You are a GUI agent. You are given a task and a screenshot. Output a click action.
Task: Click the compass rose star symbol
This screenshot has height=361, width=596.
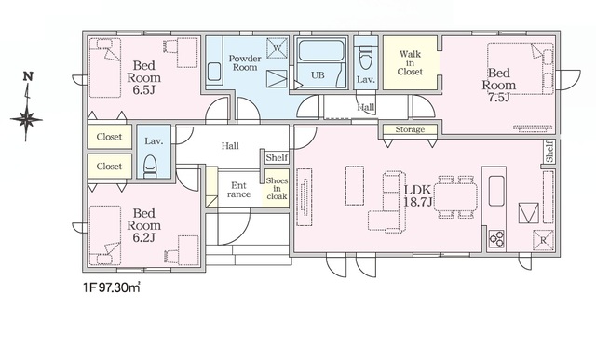click(26, 119)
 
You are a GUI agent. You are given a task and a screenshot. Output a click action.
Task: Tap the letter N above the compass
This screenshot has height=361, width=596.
click(28, 76)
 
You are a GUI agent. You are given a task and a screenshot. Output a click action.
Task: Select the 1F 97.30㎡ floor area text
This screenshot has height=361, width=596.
click(112, 287)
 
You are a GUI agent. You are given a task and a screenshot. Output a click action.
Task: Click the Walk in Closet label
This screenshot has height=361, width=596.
click(411, 62)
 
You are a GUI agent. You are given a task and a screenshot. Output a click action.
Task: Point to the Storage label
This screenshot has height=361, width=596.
click(410, 129)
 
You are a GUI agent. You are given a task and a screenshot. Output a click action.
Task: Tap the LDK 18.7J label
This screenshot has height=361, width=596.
click(417, 195)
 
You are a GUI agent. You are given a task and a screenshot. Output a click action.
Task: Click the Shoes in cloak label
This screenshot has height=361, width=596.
click(278, 189)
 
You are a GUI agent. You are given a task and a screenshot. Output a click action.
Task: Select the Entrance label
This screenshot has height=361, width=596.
click(238, 190)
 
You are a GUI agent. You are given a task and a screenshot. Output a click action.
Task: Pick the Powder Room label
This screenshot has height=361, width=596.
click(245, 63)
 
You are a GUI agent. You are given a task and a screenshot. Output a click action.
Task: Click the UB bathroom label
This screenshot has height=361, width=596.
click(318, 75)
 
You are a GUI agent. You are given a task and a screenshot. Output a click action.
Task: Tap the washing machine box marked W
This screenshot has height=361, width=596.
click(277, 48)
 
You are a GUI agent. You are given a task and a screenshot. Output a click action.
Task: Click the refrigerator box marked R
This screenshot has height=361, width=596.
click(543, 240)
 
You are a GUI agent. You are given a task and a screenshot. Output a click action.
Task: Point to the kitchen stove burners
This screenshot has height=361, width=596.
click(496, 239)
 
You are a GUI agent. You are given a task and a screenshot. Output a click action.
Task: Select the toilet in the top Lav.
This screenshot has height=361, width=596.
click(366, 57)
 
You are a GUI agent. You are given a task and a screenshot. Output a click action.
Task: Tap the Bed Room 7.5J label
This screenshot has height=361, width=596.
click(499, 85)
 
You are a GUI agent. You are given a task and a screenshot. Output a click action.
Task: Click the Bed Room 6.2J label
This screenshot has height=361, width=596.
click(143, 225)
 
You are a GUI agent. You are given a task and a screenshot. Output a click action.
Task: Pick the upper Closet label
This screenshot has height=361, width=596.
click(109, 137)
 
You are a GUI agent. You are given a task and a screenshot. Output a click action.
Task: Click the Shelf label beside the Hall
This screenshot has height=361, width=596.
click(277, 157)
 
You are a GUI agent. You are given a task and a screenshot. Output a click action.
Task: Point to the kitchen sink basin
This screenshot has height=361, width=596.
click(496, 191)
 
